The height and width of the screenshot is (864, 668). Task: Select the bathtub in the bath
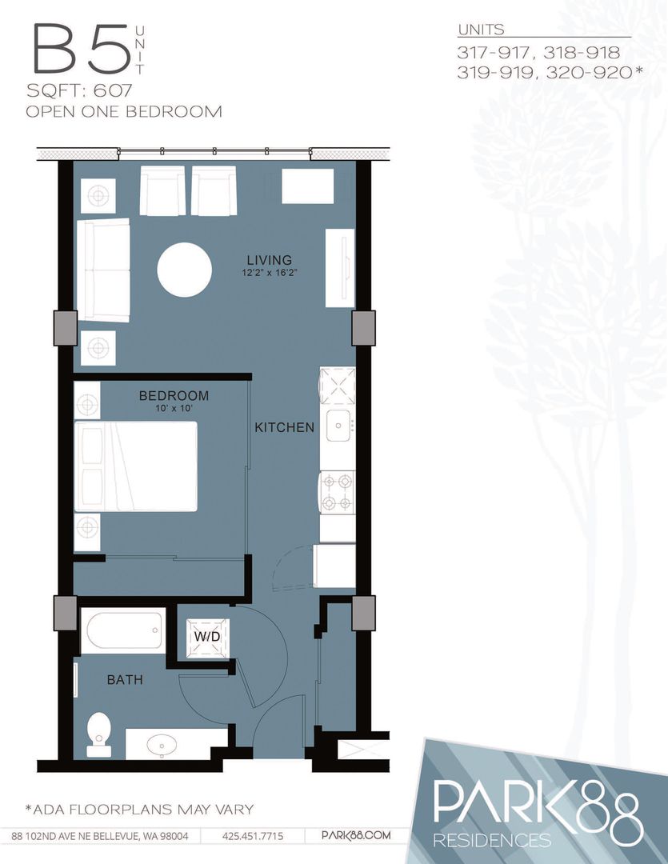(123, 631)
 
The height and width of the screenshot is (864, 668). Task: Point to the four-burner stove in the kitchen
(338, 493)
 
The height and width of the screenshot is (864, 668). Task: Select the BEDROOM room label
(174, 396)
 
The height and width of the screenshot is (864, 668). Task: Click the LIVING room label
(270, 259)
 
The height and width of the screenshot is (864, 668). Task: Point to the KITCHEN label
(284, 427)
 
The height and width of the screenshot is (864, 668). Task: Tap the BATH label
(125, 679)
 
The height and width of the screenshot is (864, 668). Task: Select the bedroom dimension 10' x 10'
(174, 409)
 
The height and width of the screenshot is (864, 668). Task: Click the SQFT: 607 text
(79, 90)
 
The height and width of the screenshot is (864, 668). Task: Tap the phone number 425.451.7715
(253, 836)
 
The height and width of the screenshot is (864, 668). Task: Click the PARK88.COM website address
(355, 835)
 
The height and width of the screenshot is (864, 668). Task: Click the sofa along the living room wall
(103, 270)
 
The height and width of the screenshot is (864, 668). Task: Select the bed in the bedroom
(135, 466)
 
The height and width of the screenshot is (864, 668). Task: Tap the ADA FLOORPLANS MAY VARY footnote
(139, 810)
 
